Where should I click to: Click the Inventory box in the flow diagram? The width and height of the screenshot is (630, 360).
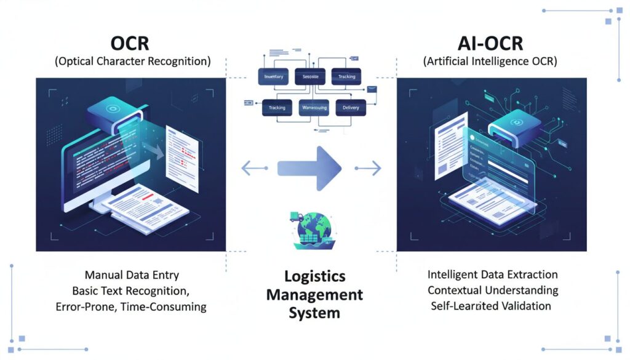[x=273, y=77]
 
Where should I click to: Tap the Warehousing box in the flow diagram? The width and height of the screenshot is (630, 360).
[x=314, y=108]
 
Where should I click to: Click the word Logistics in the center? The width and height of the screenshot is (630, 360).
[x=314, y=276]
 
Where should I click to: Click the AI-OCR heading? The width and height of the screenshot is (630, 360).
[x=490, y=44]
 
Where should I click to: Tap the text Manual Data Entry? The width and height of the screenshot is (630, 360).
[x=132, y=274]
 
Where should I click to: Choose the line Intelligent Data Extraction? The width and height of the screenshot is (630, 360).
[x=492, y=274]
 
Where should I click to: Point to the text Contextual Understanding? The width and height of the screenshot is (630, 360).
[x=493, y=290]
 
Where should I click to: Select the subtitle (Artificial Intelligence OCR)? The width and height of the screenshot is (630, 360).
[x=490, y=62]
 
